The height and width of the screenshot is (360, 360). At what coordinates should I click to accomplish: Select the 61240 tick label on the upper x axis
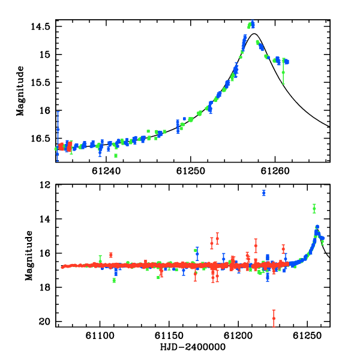(106, 171)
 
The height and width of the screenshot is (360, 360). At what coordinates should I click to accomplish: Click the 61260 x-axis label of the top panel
(275, 171)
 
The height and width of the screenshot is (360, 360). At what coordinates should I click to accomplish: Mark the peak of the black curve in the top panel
(254, 34)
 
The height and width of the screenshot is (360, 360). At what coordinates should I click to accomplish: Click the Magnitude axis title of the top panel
(20, 91)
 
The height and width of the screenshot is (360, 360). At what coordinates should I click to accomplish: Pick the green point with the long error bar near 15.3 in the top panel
(283, 73)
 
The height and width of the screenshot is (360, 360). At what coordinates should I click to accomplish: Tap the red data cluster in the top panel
(65, 146)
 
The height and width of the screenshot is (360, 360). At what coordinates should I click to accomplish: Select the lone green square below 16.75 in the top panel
(116, 155)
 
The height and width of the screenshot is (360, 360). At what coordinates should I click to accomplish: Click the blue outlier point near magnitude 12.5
(264, 193)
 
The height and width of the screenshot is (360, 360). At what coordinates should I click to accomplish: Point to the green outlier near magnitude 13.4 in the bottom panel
(314, 209)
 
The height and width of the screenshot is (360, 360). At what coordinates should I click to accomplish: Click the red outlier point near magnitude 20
(274, 318)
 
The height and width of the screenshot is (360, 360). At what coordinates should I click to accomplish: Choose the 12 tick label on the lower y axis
(45, 185)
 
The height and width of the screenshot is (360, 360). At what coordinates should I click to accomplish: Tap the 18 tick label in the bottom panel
(45, 287)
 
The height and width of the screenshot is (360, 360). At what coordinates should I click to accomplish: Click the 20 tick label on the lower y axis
(44, 322)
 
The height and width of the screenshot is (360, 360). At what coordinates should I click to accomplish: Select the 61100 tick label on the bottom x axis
(100, 335)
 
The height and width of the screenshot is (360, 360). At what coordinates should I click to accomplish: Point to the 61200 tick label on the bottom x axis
(238, 335)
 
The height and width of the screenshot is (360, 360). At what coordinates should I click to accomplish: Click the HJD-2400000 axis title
(193, 347)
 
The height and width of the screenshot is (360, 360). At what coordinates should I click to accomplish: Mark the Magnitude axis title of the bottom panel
(29, 256)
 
